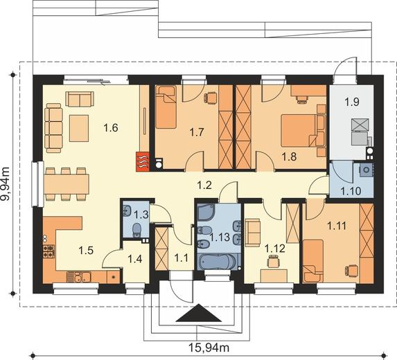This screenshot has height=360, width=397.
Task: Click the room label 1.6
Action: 111,128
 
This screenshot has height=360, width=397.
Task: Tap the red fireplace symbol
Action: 143,162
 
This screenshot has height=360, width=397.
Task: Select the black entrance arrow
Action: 199,313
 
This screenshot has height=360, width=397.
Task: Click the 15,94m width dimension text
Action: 209,348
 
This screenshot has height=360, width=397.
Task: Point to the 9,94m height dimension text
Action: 6,184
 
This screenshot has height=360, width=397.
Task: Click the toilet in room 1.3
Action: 137,230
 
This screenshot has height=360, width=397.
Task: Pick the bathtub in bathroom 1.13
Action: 218,261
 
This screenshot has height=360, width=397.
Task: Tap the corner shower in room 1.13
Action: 206,213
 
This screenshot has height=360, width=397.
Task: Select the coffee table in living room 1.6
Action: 79,128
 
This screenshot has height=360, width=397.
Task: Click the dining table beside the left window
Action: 67,184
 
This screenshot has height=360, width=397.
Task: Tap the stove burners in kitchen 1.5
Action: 49,251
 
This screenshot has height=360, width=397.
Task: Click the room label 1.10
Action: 351,191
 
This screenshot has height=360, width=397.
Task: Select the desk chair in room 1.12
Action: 273,261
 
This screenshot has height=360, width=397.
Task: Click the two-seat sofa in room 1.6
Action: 80,99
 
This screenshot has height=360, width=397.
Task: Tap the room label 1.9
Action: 352,102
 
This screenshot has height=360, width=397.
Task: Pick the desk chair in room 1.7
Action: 211,98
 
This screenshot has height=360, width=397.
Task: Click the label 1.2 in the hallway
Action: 204,186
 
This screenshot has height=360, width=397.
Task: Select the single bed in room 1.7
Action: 166,107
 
